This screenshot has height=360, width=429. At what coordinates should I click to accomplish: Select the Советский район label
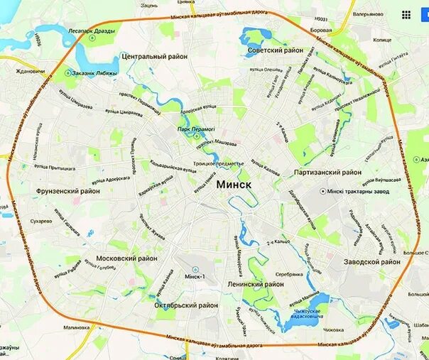coord(276,50)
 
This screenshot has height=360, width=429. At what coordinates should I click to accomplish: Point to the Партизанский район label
coord(327,172)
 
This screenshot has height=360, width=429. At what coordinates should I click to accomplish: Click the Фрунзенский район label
coord(68,191)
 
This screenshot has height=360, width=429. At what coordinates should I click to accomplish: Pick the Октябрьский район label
coord(186,305)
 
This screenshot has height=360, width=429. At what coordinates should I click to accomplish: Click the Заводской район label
coord(371,261)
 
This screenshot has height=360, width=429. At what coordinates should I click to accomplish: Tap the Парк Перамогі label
coord(196,129)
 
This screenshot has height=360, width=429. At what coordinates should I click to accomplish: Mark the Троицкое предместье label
coord(219,163)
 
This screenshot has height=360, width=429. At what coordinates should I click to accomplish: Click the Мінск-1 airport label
coord(193,276)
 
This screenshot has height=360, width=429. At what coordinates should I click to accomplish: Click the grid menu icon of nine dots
coord(406,14)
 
